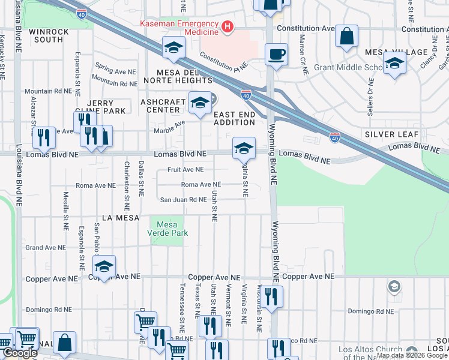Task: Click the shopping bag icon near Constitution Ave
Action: pos(346,36)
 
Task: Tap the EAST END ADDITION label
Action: pos(234,118)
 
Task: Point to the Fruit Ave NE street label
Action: pos(185,170)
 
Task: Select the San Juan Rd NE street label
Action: pos(183,200)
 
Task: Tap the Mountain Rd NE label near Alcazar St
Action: pos(48,91)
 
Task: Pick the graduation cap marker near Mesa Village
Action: pos(394,63)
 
